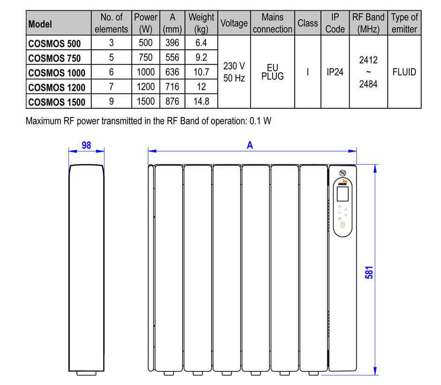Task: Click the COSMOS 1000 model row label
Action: (56, 73)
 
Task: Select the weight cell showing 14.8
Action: (201, 101)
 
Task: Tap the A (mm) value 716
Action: (172, 87)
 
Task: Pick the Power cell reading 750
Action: (145, 57)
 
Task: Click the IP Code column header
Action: (335, 23)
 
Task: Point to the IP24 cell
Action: (335, 72)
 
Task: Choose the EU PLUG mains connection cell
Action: (273, 72)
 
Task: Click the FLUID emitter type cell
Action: (404, 72)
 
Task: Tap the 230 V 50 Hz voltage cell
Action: (234, 72)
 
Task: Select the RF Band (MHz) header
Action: (368, 23)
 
